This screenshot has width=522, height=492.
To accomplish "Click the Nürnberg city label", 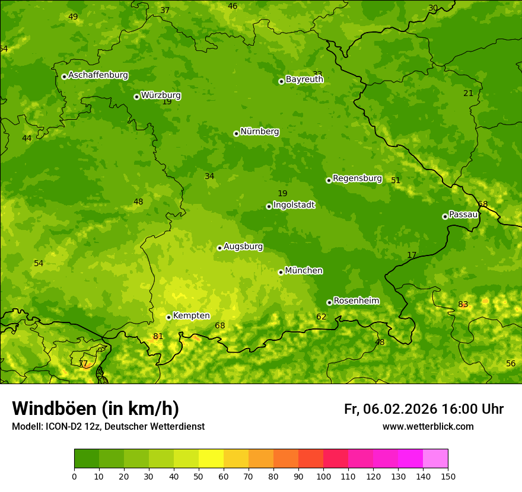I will tap(259, 132).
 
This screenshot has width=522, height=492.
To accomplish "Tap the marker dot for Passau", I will tap(445, 216).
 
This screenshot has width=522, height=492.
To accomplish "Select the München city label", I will tap(304, 271).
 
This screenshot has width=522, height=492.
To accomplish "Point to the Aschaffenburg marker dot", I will tap(64, 76).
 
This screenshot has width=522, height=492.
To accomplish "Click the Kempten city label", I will tap(191, 316).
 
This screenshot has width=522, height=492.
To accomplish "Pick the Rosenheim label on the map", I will tap(356, 301).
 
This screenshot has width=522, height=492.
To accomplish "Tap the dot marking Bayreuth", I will tap(281, 81).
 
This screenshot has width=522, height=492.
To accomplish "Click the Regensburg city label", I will tap(357, 178).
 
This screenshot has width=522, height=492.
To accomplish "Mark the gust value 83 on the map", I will tap(463, 305).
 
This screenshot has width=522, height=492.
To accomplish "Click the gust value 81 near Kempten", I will tap(158, 337).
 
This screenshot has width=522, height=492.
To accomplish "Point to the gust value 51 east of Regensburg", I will tap(396, 181).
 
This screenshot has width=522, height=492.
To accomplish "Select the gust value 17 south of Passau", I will tap(412, 255).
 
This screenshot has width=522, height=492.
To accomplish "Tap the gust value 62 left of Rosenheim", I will tap(321, 317).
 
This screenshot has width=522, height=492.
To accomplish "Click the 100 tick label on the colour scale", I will tap(323, 476).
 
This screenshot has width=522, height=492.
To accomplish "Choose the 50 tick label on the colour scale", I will tap(199, 476).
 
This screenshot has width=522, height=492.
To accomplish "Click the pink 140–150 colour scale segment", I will tap(435, 459).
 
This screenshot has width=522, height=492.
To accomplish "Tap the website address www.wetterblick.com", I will tap(428, 426).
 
